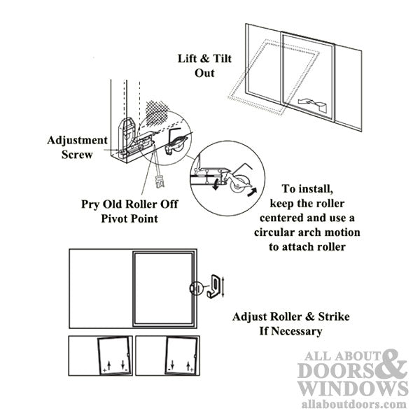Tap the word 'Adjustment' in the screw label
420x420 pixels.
(78, 140)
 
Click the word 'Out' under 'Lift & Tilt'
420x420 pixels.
(204, 73)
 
